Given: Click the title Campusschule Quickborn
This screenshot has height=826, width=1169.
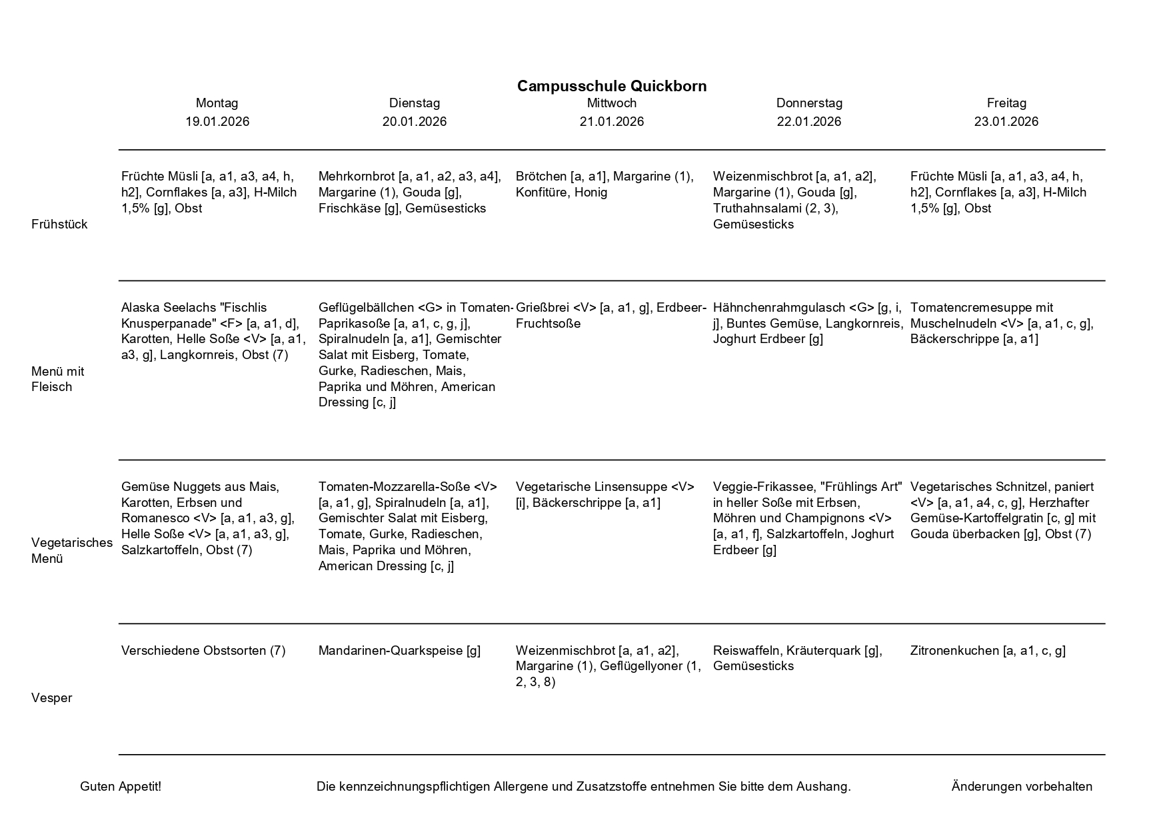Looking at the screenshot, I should click(x=611, y=86).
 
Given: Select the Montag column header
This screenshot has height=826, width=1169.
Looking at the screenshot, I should click(x=217, y=103).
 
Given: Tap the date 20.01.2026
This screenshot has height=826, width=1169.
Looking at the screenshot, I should click(x=414, y=121).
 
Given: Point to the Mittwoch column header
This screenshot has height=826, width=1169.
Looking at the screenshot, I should click(x=611, y=103).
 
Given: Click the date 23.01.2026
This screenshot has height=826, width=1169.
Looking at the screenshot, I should click(x=1006, y=121).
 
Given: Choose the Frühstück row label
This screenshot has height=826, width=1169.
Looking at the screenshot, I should click(x=59, y=224).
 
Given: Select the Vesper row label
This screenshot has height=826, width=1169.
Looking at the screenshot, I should click(x=51, y=698).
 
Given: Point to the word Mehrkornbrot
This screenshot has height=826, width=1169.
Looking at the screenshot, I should click(x=357, y=177).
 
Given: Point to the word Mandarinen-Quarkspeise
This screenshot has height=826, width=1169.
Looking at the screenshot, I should click(x=391, y=651).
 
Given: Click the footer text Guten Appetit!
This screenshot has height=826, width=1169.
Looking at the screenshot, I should click(x=121, y=787).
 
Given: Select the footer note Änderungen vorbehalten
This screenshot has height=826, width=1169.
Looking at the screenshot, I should click(x=1022, y=787).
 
